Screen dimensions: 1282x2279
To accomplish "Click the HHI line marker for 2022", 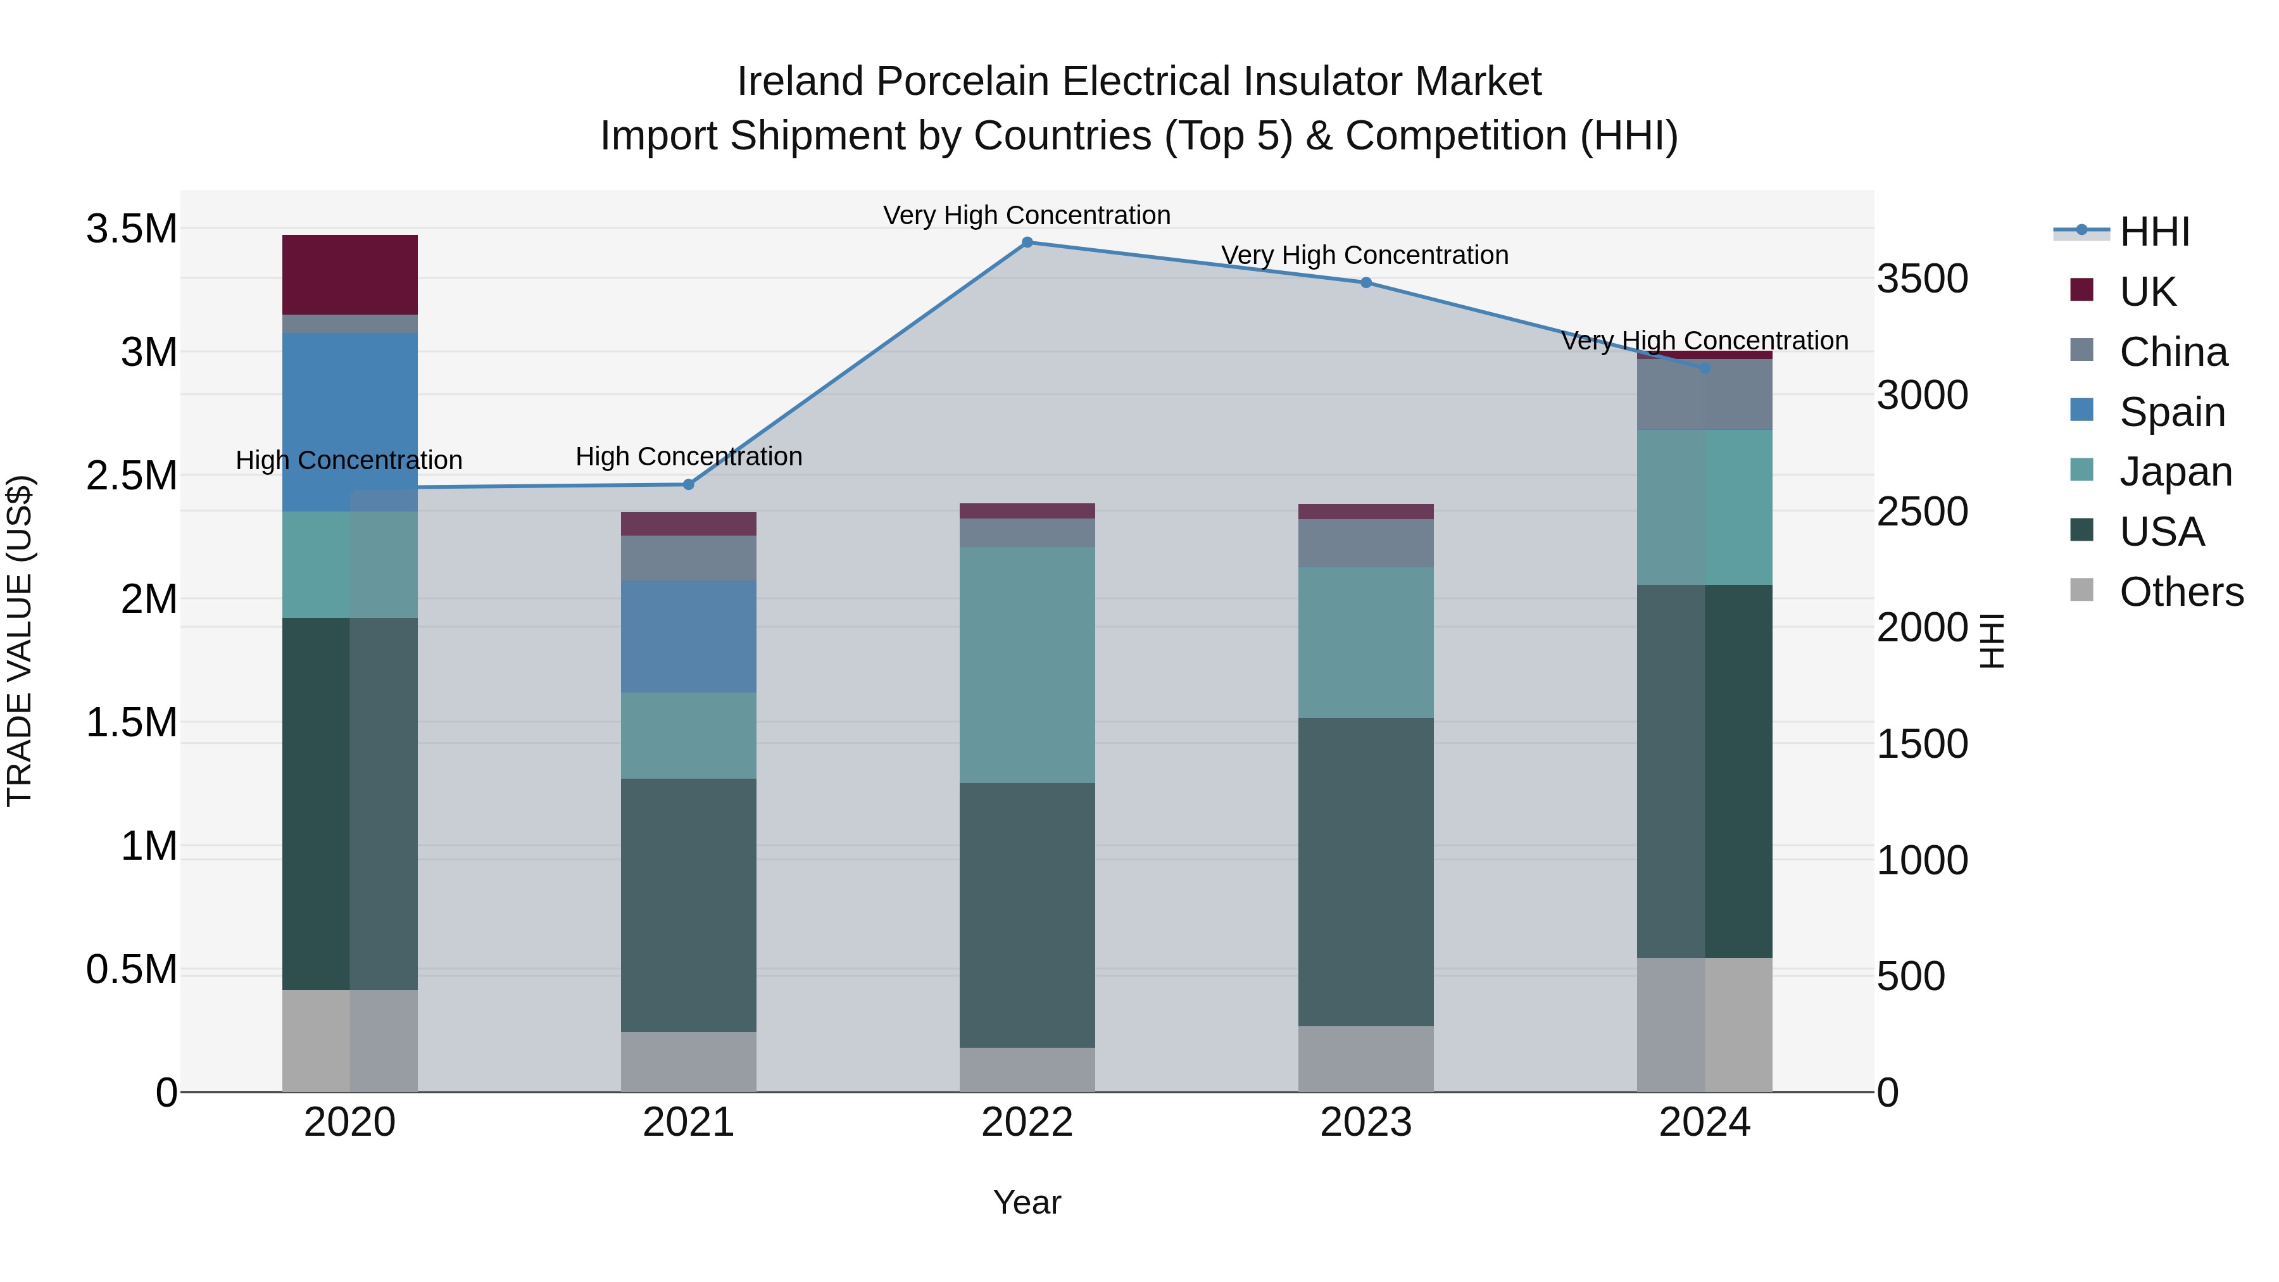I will [1027, 242].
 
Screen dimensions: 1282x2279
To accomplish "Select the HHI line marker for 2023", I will [1366, 283].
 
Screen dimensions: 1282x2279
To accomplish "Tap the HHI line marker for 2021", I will [688, 485].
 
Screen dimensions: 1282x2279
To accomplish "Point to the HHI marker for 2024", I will [1705, 368].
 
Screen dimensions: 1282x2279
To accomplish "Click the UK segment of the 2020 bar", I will [349, 274].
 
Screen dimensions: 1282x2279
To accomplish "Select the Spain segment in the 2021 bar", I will [688, 636].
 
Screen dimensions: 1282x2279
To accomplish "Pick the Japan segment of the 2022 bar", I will [1027, 665].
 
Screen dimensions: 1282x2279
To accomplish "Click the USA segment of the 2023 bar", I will [1366, 872].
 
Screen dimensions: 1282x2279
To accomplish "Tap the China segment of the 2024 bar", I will [1705, 394].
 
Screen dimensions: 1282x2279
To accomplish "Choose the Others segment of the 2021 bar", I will [688, 1061].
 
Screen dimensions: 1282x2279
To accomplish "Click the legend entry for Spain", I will [2172, 412].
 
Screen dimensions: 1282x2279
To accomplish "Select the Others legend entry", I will [2181, 592].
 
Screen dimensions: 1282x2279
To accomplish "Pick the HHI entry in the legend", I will [2154, 232].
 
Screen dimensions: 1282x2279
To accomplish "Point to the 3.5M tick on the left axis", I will [131, 229].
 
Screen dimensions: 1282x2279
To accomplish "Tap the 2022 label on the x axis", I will [1027, 1122].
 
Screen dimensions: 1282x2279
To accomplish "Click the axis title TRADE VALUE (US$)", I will [20, 641].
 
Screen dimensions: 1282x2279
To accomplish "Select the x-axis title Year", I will [1027, 1202].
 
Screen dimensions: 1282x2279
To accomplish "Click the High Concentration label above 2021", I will [688, 456].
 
